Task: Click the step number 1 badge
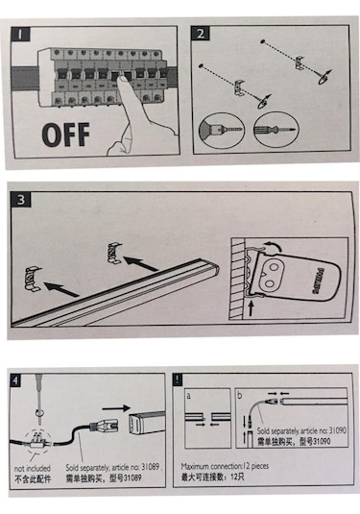20,34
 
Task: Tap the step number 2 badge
201,34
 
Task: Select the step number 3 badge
21,200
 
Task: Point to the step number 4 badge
15,380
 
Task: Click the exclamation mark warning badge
178,379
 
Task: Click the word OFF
66,135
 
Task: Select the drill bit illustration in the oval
222,130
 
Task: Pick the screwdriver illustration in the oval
276,129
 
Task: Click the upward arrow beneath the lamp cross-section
252,309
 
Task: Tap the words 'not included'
32,468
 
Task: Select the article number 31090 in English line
337,430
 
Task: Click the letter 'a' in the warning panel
188,396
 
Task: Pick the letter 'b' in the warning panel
239,395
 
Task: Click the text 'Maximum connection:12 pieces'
225,466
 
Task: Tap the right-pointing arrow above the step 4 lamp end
116,408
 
